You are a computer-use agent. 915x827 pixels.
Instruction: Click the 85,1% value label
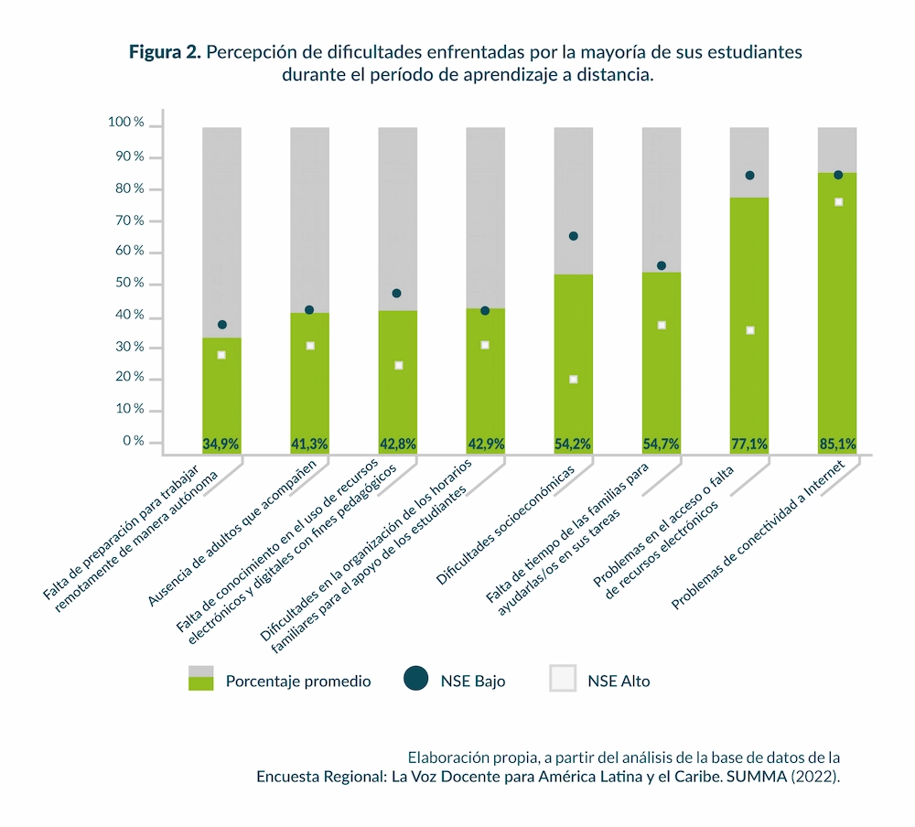tap(837, 445)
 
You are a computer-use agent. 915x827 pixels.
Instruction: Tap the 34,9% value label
tap(221, 445)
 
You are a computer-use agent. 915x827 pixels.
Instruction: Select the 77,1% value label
tap(749, 445)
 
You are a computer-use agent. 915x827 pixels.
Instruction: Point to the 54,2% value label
tap(573, 445)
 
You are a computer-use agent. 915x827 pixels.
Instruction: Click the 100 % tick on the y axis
tap(126, 122)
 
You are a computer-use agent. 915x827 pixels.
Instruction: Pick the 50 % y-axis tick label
tap(130, 284)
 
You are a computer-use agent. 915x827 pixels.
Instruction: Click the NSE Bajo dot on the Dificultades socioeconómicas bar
tap(574, 236)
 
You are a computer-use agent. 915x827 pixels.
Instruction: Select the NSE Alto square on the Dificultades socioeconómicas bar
tap(574, 379)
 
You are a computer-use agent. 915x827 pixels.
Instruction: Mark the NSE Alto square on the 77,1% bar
tap(749, 330)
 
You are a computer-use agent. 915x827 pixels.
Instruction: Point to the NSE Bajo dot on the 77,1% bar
tap(749, 176)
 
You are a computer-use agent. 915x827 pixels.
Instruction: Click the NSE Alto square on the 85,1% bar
tap(838, 202)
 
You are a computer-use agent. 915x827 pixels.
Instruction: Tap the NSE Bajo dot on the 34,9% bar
tap(221, 325)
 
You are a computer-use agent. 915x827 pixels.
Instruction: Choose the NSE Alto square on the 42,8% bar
tap(398, 365)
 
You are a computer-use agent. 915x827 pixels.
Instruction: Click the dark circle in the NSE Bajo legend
tap(415, 679)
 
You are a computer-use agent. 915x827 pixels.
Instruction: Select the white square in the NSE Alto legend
tap(563, 679)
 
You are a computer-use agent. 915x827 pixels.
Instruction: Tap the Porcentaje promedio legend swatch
tap(200, 679)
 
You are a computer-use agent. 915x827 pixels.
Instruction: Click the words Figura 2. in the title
tap(165, 52)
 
